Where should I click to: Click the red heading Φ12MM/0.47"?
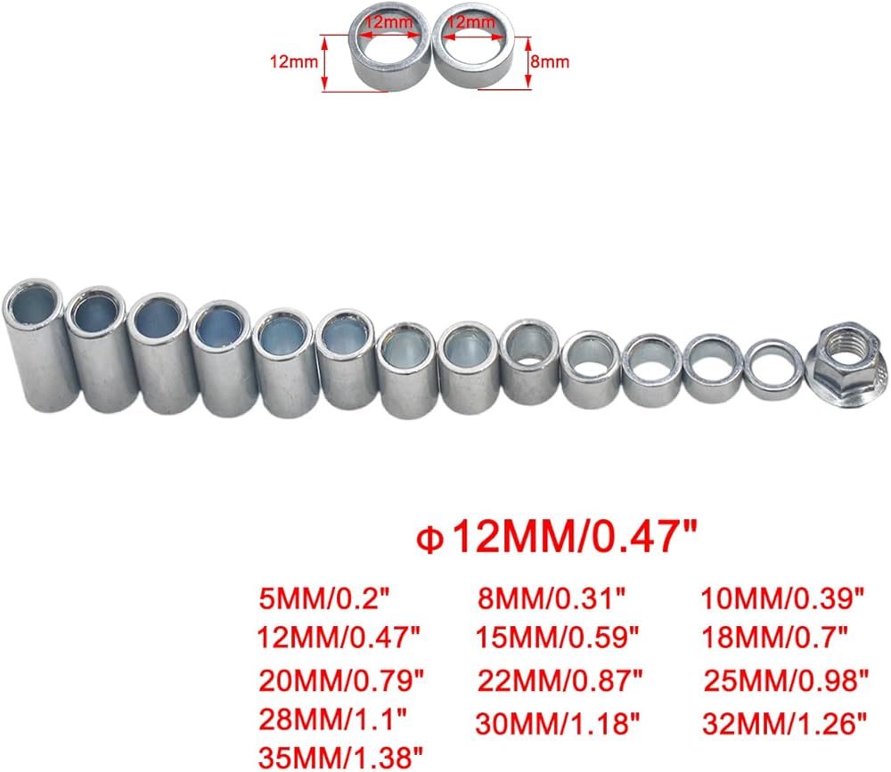(557, 537)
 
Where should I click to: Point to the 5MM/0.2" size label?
(325, 597)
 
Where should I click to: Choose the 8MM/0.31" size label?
(552, 597)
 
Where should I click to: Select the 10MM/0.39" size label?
(782, 597)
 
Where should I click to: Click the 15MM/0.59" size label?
(558, 638)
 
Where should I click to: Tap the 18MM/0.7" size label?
(775, 638)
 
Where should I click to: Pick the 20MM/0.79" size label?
(341, 680)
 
